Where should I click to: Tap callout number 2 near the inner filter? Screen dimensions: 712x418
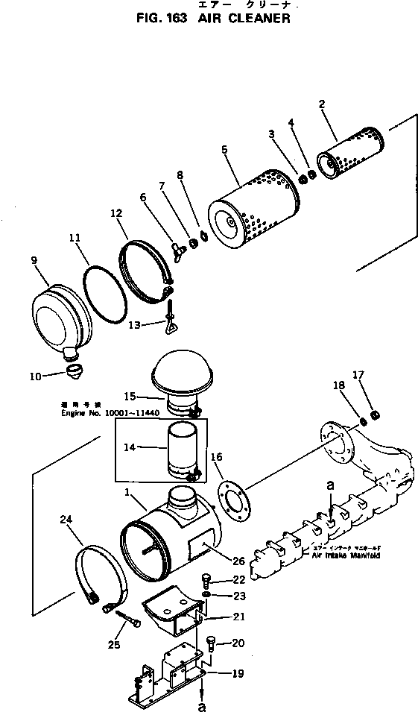point(322,105)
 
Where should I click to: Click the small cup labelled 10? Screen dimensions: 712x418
point(73,370)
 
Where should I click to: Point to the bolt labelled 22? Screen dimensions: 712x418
point(209,580)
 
